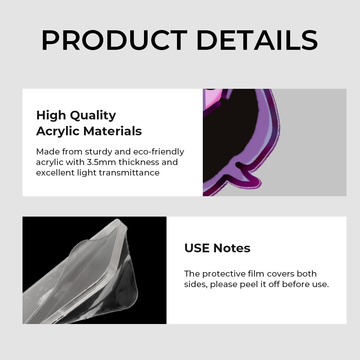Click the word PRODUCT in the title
[114, 40]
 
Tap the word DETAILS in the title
[257, 40]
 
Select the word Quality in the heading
[93, 115]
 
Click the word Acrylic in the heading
[58, 131]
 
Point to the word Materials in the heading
[112, 131]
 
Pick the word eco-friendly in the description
[158, 152]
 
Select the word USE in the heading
[197, 248]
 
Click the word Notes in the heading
[232, 248]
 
